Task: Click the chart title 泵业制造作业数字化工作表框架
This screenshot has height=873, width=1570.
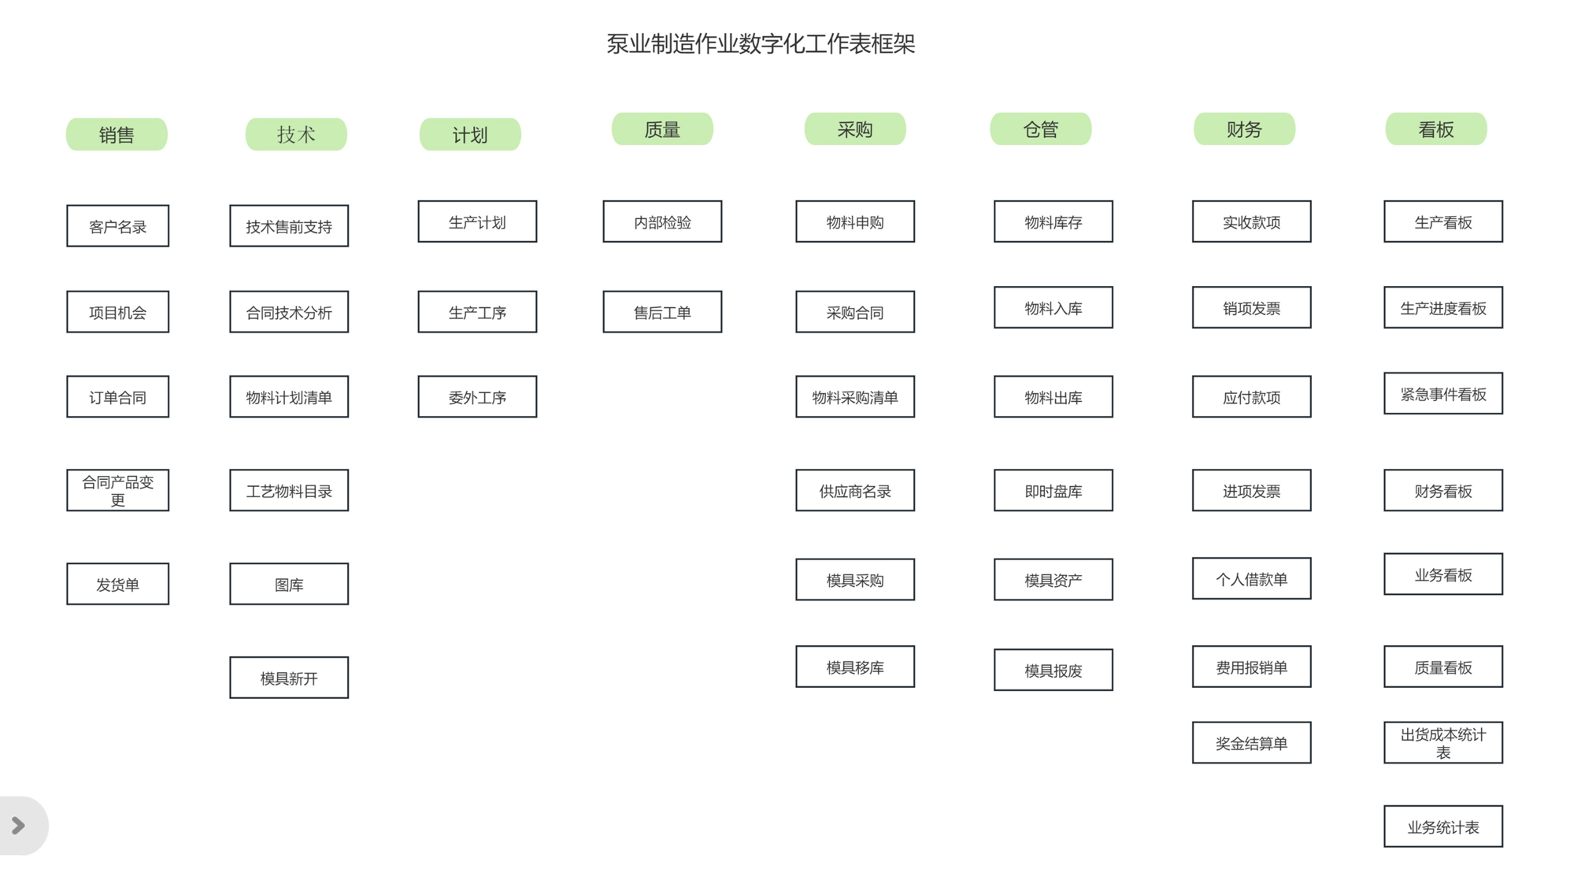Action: pyautogui.click(x=761, y=44)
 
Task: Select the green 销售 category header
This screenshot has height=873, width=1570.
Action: pyautogui.click(x=117, y=135)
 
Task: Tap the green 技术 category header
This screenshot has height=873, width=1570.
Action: pyautogui.click(x=296, y=135)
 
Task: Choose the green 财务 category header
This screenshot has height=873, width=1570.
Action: pyautogui.click(x=1244, y=129)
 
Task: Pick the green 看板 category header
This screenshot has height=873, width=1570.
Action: pyautogui.click(x=1436, y=129)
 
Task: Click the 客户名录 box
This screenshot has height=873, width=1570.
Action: pyautogui.click(x=117, y=226)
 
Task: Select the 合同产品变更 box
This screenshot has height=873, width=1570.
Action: pyautogui.click(x=117, y=490)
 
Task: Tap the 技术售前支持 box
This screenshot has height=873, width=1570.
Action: pyautogui.click(x=289, y=226)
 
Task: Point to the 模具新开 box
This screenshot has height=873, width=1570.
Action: pyautogui.click(x=289, y=678)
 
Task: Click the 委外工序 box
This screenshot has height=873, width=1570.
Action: pyautogui.click(x=477, y=397)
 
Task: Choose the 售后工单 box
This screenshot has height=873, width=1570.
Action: pyautogui.click(x=662, y=312)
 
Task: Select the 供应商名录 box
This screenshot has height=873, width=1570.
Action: pyautogui.click(x=855, y=490)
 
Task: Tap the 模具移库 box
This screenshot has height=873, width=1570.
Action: pyautogui.click(x=855, y=667)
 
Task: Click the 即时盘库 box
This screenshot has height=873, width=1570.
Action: pyautogui.click(x=1053, y=490)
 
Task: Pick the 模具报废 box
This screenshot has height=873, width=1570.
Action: pyautogui.click(x=1053, y=670)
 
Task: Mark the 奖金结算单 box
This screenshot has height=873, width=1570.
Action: pyautogui.click(x=1252, y=743)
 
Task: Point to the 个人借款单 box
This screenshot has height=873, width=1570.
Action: pyautogui.click(x=1252, y=579)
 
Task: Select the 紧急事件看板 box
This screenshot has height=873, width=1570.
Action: pyautogui.click(x=1443, y=394)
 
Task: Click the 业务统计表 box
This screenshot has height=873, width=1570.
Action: pyautogui.click(x=1443, y=827)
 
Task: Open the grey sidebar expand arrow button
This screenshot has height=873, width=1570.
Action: pyautogui.click(x=19, y=826)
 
